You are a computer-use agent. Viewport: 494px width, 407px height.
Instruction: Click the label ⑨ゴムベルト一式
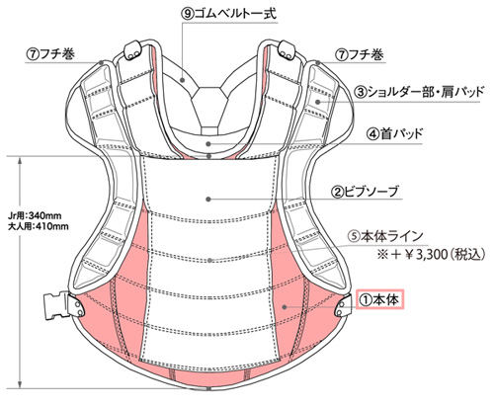click(x=229, y=14)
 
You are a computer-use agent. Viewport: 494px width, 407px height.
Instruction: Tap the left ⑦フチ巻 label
click(x=50, y=54)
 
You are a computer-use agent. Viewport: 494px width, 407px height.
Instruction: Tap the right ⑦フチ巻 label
click(x=360, y=54)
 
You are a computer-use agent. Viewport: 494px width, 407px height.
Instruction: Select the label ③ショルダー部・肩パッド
click(x=419, y=92)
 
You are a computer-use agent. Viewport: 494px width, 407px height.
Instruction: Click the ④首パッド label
click(x=394, y=134)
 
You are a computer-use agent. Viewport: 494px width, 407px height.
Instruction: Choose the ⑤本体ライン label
click(x=386, y=236)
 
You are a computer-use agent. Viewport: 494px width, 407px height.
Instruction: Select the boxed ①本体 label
click(x=379, y=299)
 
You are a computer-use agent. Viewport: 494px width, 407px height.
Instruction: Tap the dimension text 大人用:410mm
click(x=39, y=226)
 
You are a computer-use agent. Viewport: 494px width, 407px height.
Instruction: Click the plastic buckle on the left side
click(x=57, y=306)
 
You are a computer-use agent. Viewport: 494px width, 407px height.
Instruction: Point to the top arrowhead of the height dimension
click(x=21, y=161)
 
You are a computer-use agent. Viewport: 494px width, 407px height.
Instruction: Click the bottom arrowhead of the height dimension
click(x=21, y=383)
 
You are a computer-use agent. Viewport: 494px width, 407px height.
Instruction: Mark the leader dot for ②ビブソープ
click(x=208, y=199)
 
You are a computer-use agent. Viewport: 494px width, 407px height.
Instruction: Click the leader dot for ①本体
click(x=285, y=307)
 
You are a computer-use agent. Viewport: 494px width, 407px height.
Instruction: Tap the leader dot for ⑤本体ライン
click(x=209, y=261)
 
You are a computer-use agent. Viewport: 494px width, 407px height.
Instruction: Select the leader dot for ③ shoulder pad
click(x=318, y=102)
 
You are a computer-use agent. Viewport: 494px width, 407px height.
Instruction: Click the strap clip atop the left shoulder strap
click(x=132, y=50)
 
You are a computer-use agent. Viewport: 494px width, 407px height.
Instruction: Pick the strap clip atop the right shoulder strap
click(x=287, y=50)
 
